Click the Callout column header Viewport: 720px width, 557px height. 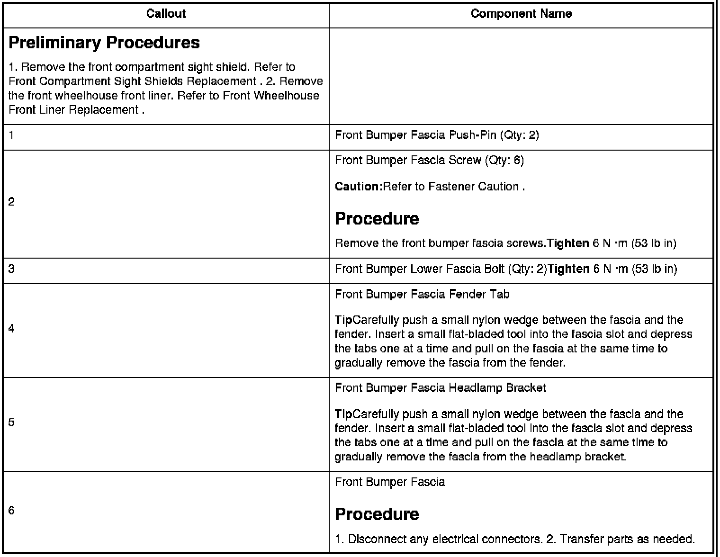click(166, 14)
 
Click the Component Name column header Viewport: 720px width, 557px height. click(521, 14)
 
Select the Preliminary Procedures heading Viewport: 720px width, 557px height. click(104, 43)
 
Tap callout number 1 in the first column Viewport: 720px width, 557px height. click(11, 135)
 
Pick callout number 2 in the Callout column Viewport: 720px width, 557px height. click(11, 202)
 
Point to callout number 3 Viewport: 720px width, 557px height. click(11, 269)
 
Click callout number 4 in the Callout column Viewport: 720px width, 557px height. click(11, 329)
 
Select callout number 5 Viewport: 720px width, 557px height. click(11, 422)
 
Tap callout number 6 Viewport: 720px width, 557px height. click(11, 511)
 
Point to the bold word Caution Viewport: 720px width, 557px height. click(358, 187)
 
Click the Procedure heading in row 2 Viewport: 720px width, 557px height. click(377, 219)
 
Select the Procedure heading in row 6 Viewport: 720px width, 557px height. click(377, 514)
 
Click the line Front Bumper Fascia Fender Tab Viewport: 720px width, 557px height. click(422, 295)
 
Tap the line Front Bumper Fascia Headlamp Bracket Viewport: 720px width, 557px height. click(441, 388)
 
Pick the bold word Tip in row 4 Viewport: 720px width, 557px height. click(343, 320)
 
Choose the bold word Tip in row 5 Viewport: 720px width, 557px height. click(343, 414)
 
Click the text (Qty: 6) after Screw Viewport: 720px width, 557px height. click(504, 161)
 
